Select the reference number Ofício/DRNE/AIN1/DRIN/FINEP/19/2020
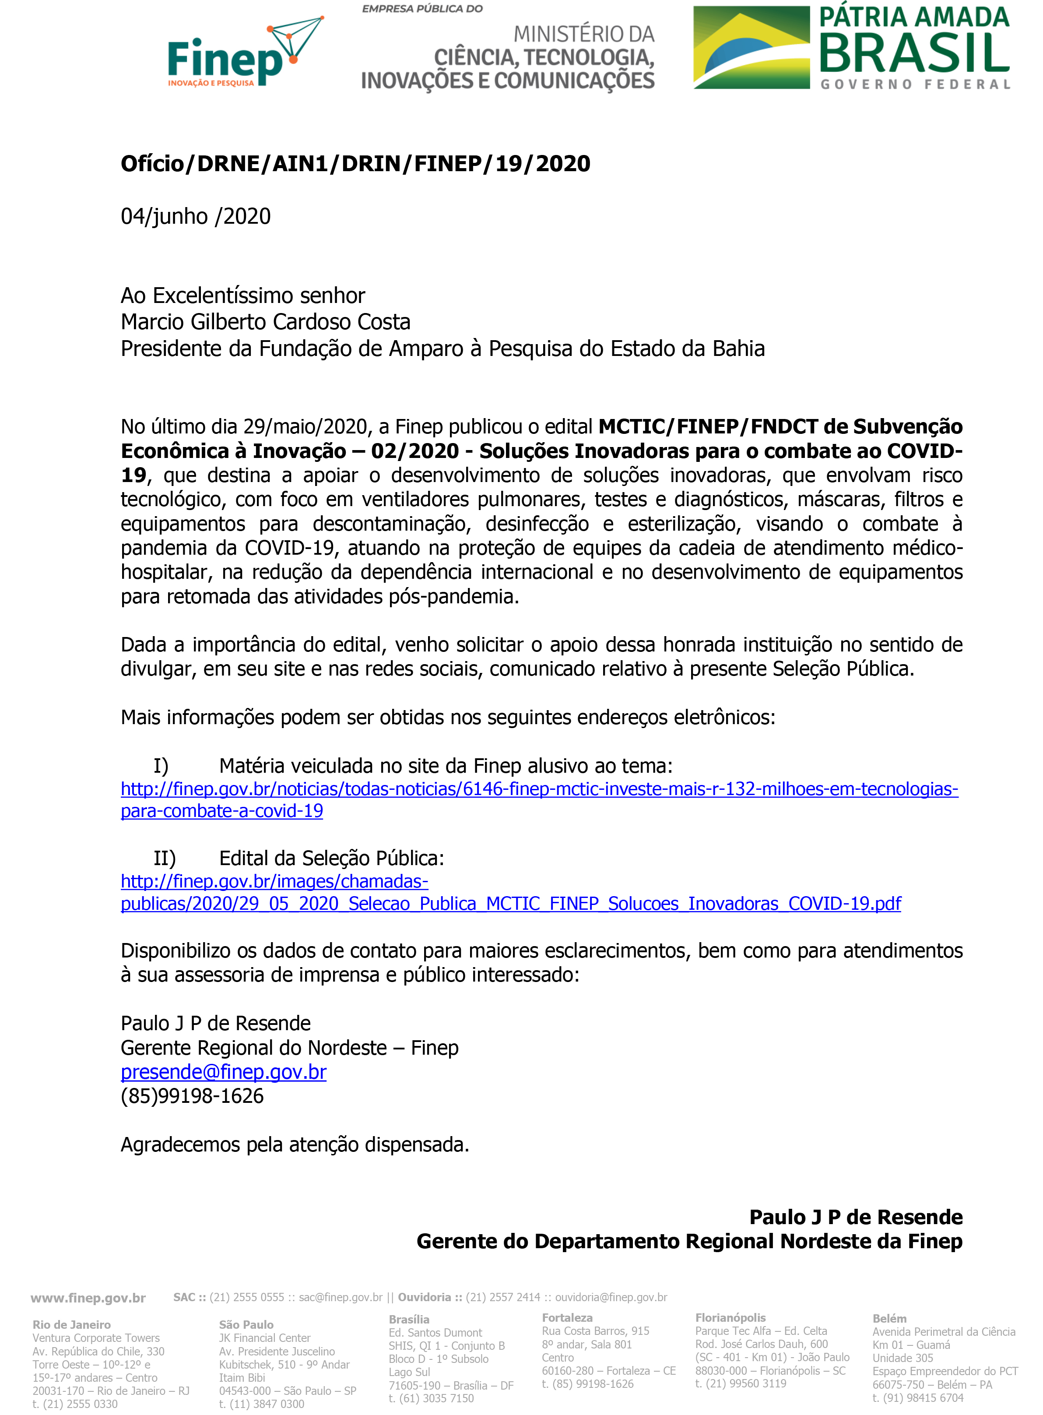pos(355,164)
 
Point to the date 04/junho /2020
pos(196,217)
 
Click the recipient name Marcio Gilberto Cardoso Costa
pos(265,322)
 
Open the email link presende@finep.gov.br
pos(224,1072)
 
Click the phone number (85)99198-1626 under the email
pos(192,1096)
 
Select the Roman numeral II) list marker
pos(164,858)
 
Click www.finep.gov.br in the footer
pos(88,1298)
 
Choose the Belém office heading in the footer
pos(889,1318)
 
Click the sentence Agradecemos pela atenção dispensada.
pos(295,1145)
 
